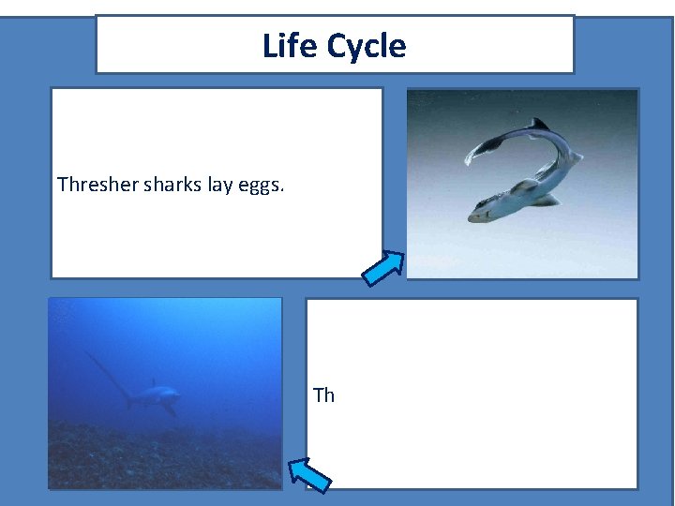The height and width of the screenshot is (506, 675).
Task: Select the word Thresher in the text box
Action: pyautogui.click(x=97, y=185)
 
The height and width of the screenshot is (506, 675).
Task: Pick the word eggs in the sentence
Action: pyautogui.click(x=260, y=186)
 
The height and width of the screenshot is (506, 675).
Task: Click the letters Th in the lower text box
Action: pyautogui.click(x=323, y=395)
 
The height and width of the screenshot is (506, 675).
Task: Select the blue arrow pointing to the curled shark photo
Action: pyautogui.click(x=383, y=267)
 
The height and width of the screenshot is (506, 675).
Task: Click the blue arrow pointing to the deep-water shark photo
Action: pyautogui.click(x=308, y=474)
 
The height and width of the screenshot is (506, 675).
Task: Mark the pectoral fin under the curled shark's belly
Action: pyautogui.click(x=546, y=200)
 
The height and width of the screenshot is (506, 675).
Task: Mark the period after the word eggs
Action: pyautogui.click(x=282, y=190)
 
